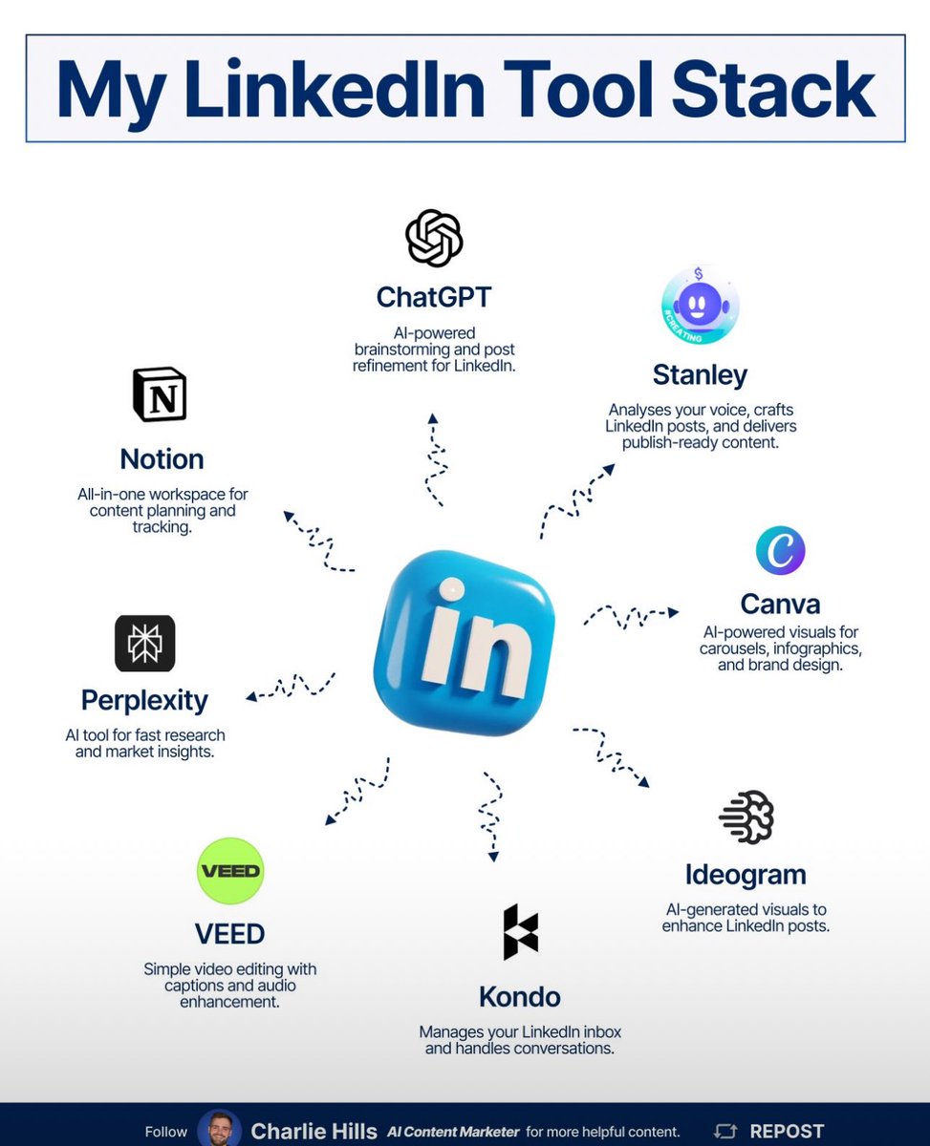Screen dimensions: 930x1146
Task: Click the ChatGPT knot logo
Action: pos(434,238)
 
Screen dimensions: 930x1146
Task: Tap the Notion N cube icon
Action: pos(160,394)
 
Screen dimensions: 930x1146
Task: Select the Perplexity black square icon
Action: pos(145,644)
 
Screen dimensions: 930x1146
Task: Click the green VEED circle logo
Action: pos(229,871)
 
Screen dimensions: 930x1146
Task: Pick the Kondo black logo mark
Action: pos(521,931)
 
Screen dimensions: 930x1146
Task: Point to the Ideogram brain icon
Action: pos(746,817)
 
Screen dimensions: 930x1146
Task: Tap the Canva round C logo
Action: pos(780,550)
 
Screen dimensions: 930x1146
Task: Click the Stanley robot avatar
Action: pos(700,306)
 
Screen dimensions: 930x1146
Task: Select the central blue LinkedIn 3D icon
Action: pos(465,641)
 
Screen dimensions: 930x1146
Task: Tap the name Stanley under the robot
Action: pos(700,374)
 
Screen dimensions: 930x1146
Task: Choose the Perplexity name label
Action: pos(144,700)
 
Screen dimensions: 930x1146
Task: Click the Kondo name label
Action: pos(520,997)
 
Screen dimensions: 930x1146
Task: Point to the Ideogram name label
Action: pos(746,875)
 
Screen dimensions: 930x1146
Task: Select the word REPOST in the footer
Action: pos(787,1132)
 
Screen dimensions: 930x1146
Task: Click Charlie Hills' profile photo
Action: pos(220,1130)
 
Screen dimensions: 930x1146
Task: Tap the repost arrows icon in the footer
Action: pos(726,1132)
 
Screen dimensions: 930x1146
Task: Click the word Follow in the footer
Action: pos(166,1132)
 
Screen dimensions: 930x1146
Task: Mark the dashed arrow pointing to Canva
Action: pos(631,614)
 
